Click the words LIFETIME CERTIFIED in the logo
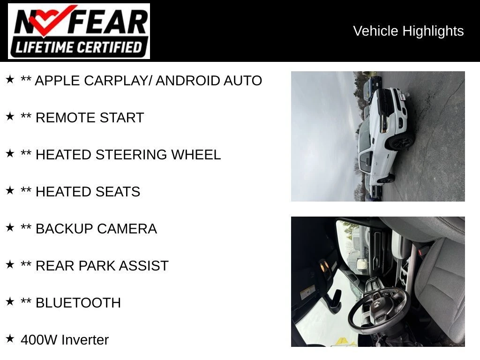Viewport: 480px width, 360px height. (x=79, y=47)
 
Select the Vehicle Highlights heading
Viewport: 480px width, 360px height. (x=408, y=31)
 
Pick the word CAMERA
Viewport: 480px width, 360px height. (x=127, y=229)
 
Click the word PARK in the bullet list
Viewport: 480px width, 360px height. (x=97, y=266)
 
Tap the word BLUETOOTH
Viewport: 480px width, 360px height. (x=78, y=303)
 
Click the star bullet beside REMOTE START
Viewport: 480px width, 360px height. (x=10, y=116)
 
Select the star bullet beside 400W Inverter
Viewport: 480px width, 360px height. (x=10, y=338)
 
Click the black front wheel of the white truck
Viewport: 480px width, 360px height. (x=401, y=142)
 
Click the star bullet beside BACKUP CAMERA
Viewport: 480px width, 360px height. (x=10, y=227)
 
